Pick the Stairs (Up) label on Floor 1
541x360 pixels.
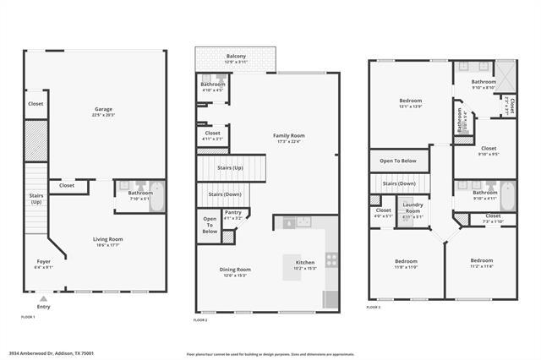[x=36, y=199]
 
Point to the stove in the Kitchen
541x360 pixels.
[x=331, y=260]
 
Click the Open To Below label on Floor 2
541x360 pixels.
[x=210, y=225]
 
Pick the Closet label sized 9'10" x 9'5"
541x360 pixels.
[x=489, y=149]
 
